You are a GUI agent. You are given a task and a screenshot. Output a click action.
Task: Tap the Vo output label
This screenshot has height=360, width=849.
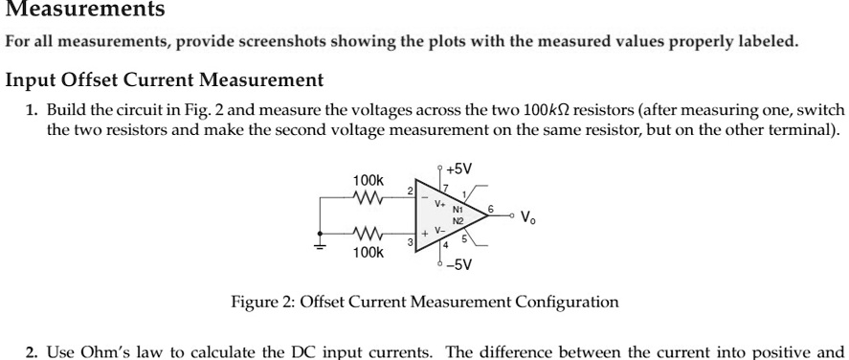[528, 214]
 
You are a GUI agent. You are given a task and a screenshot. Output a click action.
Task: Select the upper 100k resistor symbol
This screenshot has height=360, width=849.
[369, 198]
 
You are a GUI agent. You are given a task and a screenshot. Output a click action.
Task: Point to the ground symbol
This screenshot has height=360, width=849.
[320, 246]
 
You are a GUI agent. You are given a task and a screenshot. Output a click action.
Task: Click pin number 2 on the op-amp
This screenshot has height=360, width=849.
[411, 191]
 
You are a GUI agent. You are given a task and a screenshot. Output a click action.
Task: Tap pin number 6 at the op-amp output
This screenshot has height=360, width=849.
[491, 207]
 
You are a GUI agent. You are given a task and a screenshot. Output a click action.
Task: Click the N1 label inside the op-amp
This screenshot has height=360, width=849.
[458, 208]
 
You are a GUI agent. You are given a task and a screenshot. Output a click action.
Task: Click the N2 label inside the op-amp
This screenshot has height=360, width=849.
[458, 219]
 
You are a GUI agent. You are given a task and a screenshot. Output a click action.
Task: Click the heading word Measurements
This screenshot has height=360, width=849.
[85, 11]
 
